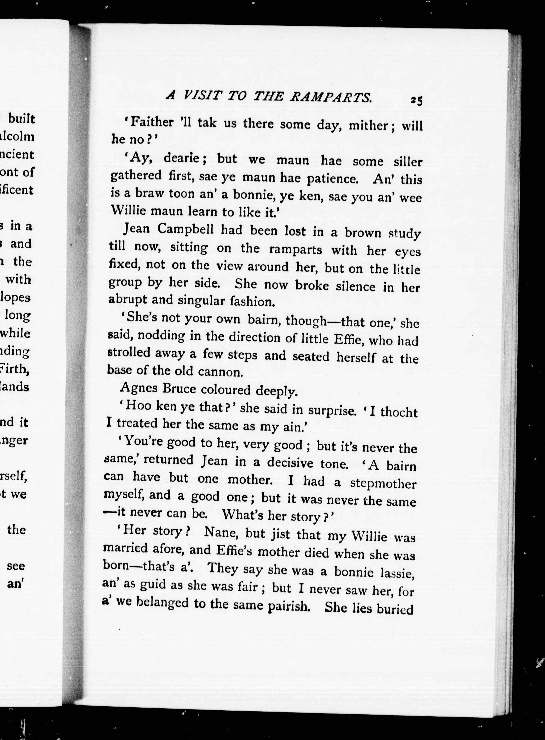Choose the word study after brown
tap(404, 234)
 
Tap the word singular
tap(200, 300)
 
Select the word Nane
tap(220, 532)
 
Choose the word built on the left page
tap(22, 119)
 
